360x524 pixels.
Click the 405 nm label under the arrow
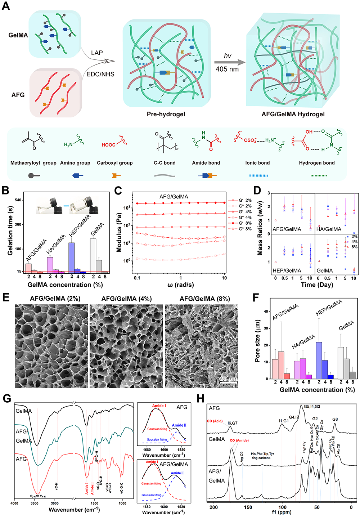click(x=227, y=69)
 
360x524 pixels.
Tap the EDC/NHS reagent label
click(x=100, y=74)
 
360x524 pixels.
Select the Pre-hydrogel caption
click(x=166, y=114)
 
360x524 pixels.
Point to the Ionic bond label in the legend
click(x=257, y=163)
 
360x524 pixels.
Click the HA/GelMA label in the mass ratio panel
click(x=329, y=229)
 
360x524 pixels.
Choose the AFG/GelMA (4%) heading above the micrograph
click(x=126, y=299)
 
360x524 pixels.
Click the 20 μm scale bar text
click(x=228, y=379)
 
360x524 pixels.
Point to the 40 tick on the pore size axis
click(x=266, y=312)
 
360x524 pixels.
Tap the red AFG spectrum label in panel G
click(x=21, y=459)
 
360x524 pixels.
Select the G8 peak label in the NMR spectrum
click(x=335, y=420)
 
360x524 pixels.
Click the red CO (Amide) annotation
click(x=239, y=440)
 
